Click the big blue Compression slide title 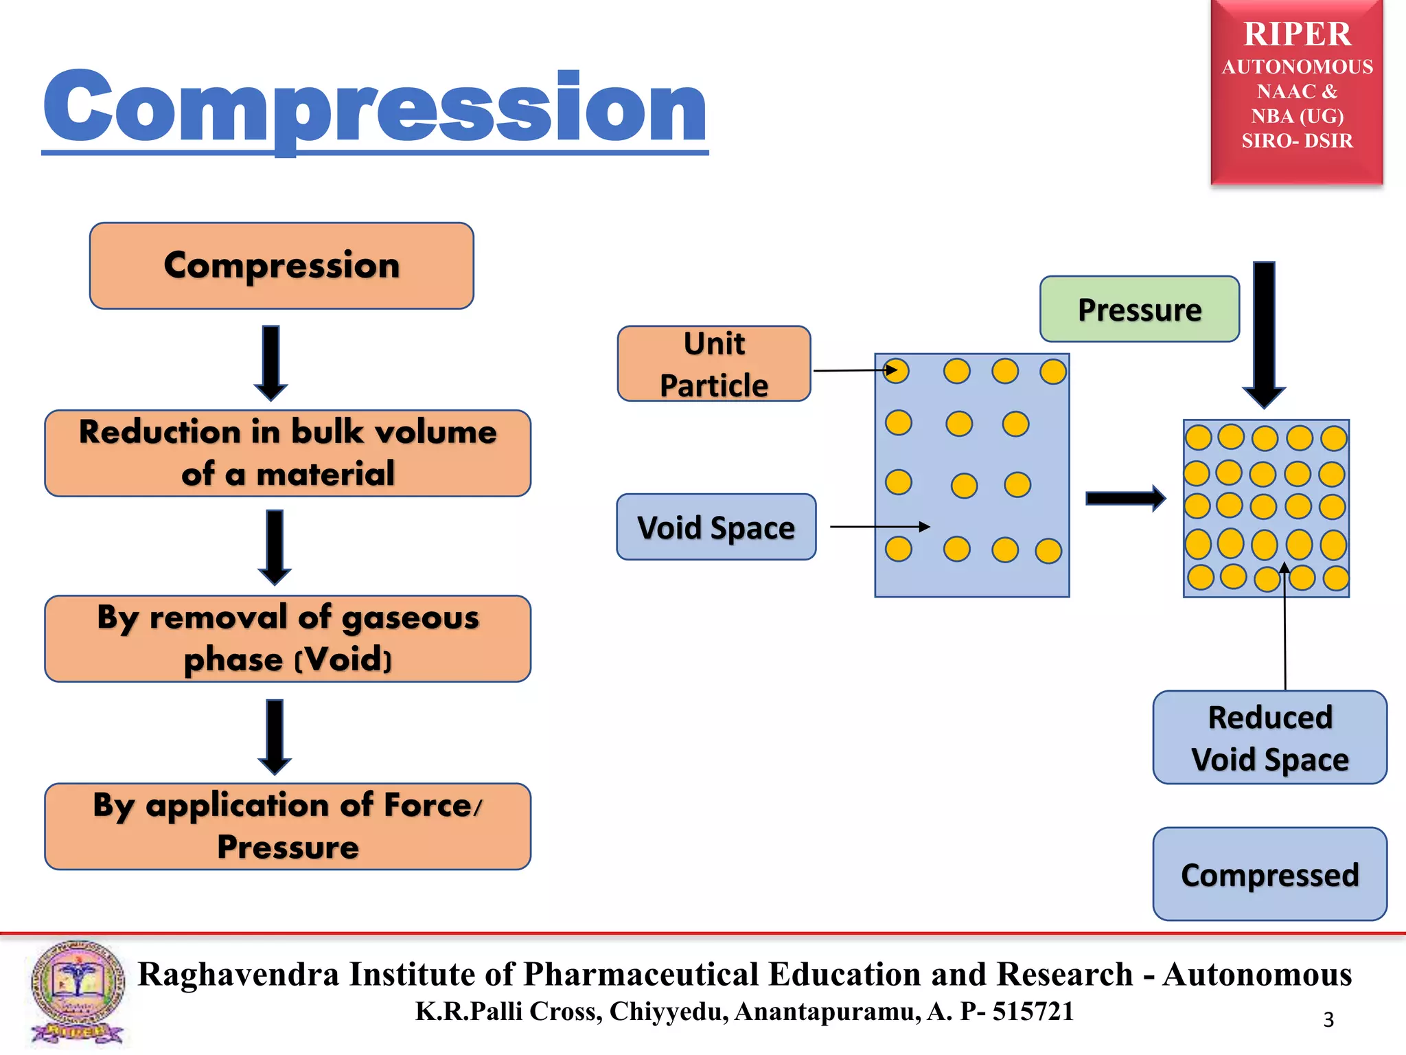pyautogui.click(x=374, y=109)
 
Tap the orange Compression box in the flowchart pyautogui.click(x=281, y=266)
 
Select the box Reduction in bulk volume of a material pyautogui.click(x=288, y=453)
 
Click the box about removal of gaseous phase pyautogui.click(x=288, y=639)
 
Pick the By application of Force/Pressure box pyautogui.click(x=288, y=826)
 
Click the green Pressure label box pyautogui.click(x=1139, y=309)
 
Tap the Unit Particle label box pyautogui.click(x=713, y=364)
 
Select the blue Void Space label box pyautogui.click(x=716, y=527)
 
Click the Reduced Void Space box pyautogui.click(x=1269, y=738)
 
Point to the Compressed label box pyautogui.click(x=1269, y=874)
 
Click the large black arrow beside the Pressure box pyautogui.click(x=1264, y=333)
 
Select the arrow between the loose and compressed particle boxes pyautogui.click(x=1125, y=498)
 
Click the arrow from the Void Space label pyautogui.click(x=879, y=527)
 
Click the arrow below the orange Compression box pyautogui.click(x=271, y=362)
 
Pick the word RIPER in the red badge pyautogui.click(x=1297, y=34)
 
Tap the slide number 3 pyautogui.click(x=1328, y=1019)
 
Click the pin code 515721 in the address pyautogui.click(x=1033, y=1011)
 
